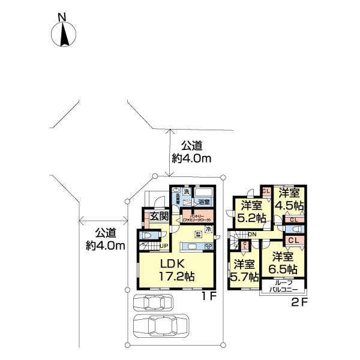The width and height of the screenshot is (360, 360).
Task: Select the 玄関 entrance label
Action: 158,217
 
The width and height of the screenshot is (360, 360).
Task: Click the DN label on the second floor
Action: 251,234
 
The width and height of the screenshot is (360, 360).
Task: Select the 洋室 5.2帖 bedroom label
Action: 250,212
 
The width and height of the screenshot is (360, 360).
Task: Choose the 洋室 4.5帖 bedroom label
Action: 289,199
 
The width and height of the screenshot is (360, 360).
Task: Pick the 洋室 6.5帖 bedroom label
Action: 281,262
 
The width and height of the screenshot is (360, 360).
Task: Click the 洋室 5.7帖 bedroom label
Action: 245,270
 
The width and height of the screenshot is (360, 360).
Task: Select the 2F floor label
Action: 299,302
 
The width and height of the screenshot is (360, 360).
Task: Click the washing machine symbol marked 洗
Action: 187,191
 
